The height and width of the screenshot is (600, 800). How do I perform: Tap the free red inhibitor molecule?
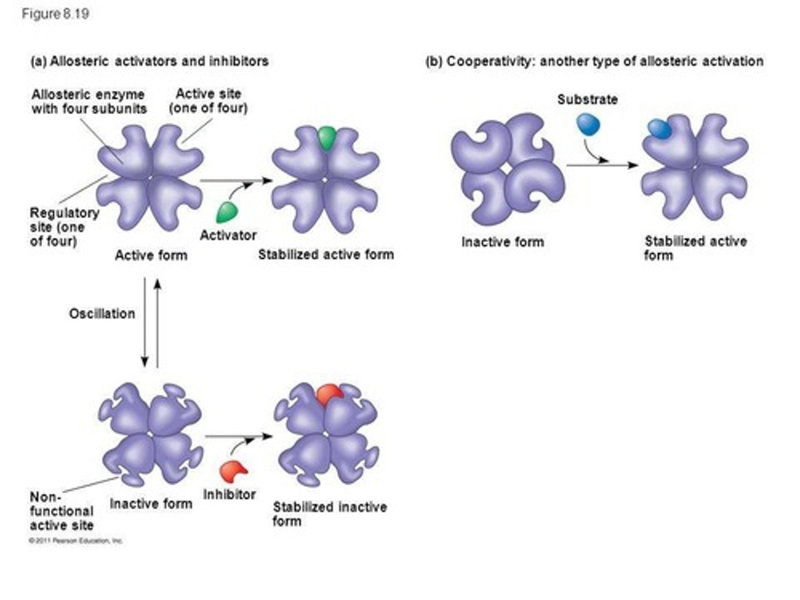tap(233, 471)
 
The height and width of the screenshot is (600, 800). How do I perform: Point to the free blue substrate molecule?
tap(588, 124)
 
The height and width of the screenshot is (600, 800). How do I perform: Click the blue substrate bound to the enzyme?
tap(659, 129)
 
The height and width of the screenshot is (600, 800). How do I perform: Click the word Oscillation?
tap(102, 314)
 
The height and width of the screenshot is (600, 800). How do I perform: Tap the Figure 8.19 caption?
tap(56, 14)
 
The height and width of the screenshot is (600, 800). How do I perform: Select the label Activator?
tap(228, 236)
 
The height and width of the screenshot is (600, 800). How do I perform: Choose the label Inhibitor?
tap(229, 494)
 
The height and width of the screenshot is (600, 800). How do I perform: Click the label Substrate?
tap(587, 100)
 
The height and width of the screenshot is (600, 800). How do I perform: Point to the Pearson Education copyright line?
tap(76, 541)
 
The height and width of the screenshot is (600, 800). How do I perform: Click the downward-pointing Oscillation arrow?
tap(144, 322)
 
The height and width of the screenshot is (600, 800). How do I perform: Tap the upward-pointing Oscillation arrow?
tap(157, 322)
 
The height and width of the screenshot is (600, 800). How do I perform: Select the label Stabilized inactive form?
tap(329, 514)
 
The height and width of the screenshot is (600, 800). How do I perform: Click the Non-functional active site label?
tap(61, 511)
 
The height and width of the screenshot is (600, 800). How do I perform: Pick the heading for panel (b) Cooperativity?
tap(594, 61)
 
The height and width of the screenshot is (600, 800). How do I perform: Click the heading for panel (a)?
tap(149, 61)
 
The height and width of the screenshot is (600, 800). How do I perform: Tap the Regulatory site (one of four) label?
tap(64, 227)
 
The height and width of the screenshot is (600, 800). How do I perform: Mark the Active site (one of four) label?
tap(208, 101)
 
